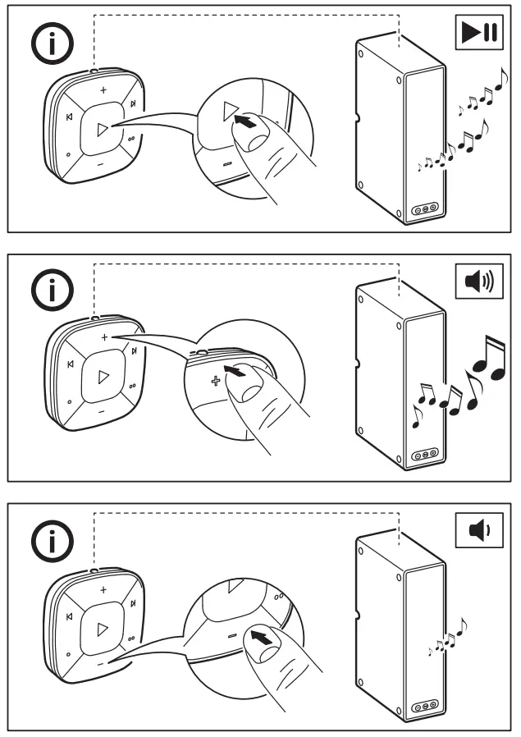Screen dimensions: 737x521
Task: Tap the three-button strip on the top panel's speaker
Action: click(425, 209)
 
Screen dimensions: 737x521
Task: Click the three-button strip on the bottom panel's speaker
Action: click(425, 705)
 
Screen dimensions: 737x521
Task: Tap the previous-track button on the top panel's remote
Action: click(69, 117)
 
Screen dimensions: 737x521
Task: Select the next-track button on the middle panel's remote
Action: click(132, 354)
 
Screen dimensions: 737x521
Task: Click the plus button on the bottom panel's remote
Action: click(103, 589)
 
